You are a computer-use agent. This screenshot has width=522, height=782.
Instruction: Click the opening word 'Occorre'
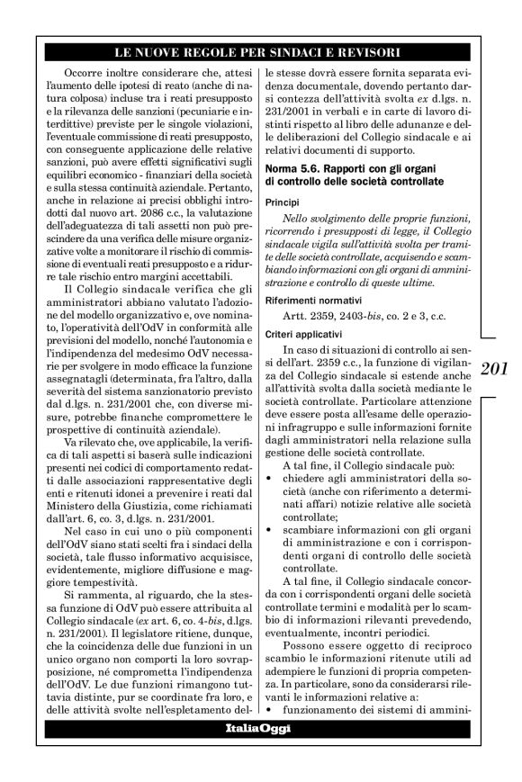tap(85, 70)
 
